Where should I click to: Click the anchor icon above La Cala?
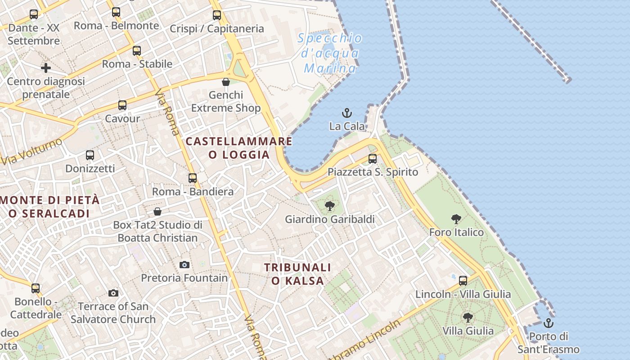346,113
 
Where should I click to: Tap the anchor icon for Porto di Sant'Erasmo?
548,323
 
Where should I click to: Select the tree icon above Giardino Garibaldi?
329,206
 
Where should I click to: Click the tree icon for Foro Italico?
456,219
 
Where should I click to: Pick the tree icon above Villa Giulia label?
468,317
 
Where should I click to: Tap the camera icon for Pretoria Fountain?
184,265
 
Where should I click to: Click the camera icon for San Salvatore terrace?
113,293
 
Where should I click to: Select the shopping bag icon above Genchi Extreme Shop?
226,82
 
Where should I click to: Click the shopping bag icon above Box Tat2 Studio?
157,211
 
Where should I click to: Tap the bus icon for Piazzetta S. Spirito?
373,158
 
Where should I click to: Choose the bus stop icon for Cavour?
122,105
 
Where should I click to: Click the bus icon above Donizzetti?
90,155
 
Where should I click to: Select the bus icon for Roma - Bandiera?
193,178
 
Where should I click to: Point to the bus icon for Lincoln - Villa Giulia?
463,281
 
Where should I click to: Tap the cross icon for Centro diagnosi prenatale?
46,68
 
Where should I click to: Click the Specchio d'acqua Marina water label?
330,53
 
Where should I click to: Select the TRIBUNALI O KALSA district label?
297,274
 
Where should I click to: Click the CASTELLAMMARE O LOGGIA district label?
239,148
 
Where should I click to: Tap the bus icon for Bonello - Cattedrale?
36,288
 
